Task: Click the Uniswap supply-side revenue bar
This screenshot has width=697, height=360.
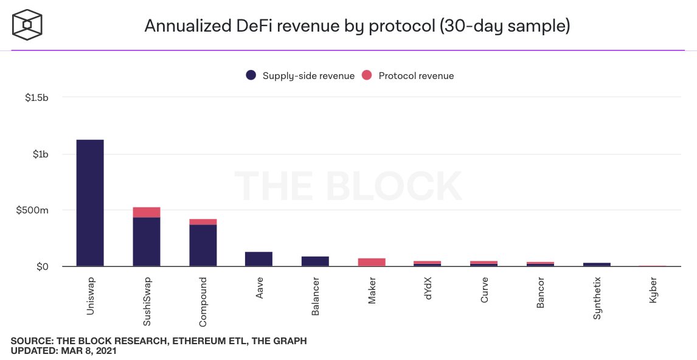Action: [90, 202]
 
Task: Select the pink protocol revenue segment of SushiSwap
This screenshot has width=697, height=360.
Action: [147, 212]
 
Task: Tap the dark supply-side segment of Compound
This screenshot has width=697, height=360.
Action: [203, 245]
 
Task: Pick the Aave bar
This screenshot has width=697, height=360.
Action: [259, 259]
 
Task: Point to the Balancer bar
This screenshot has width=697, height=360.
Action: [315, 261]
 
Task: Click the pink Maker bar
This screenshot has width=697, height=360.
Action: [372, 262]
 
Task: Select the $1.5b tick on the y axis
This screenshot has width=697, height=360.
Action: [37, 97]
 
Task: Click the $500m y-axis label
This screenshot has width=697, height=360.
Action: [36, 210]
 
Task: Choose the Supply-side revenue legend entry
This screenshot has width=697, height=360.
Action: [300, 76]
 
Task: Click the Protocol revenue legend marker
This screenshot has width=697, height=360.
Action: [367, 76]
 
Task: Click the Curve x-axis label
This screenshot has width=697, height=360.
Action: [484, 288]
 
